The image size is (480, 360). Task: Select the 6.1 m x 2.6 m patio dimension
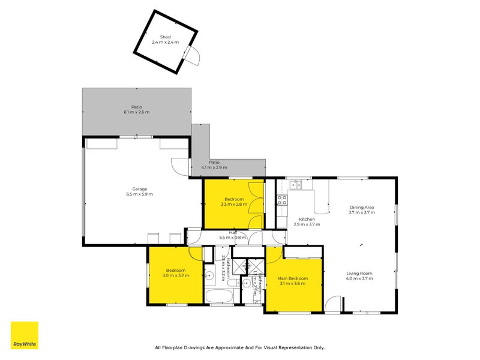click(x=136, y=112)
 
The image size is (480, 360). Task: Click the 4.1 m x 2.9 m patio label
click(x=214, y=167)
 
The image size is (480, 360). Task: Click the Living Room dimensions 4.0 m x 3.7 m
click(x=359, y=278)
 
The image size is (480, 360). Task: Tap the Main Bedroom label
click(x=292, y=278)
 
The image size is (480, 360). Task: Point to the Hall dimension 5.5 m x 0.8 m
click(x=233, y=238)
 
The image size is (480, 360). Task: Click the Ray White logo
click(x=25, y=335)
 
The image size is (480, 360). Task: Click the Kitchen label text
click(x=307, y=219)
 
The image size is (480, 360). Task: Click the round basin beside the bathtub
click(x=210, y=277)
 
